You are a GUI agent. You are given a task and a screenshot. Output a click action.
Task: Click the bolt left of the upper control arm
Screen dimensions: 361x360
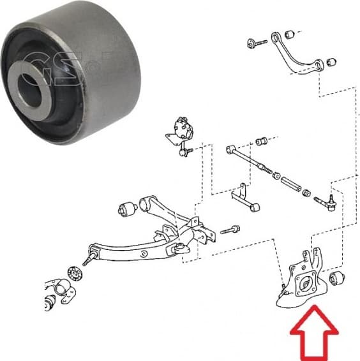[258, 43]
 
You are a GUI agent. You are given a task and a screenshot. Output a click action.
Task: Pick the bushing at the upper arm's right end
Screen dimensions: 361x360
[331, 62]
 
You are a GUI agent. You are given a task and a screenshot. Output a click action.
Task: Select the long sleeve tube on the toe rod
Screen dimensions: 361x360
[290, 181]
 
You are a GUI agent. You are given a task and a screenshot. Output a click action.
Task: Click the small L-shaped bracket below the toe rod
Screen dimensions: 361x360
[244, 195]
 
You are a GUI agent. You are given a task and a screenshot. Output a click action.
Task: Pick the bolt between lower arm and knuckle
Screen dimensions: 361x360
[230, 228]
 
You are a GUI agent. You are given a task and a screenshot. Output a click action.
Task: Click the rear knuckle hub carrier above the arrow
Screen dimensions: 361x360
[304, 281]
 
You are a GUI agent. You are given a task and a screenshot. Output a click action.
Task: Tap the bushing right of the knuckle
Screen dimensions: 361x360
[338, 277]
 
